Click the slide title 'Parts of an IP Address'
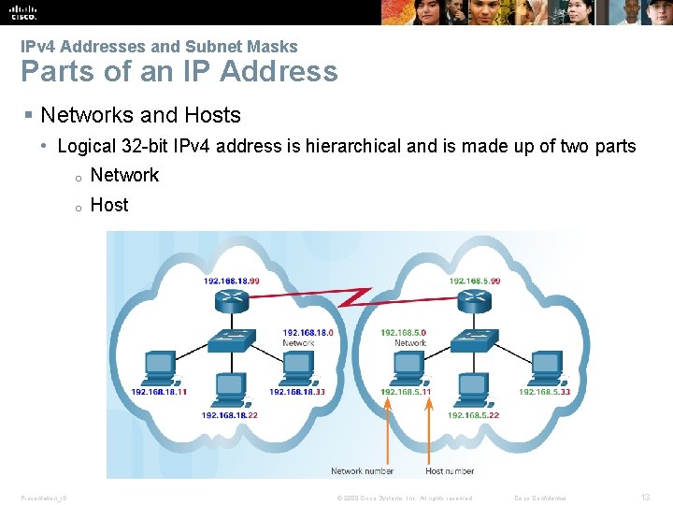(x=179, y=71)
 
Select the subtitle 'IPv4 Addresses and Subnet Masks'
(x=159, y=46)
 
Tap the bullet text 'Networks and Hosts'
(x=140, y=115)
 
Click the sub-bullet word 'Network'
(x=124, y=175)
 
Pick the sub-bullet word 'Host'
(x=109, y=205)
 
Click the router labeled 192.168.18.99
(x=230, y=301)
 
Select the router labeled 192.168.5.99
(x=474, y=301)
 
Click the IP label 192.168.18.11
(x=159, y=392)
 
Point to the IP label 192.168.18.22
(x=229, y=415)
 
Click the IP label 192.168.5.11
(x=406, y=392)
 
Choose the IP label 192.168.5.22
(x=474, y=415)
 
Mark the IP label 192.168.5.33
(x=544, y=392)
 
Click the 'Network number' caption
(x=362, y=471)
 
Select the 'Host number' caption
(x=450, y=471)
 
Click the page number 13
(x=645, y=498)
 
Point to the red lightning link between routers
(x=352, y=297)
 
